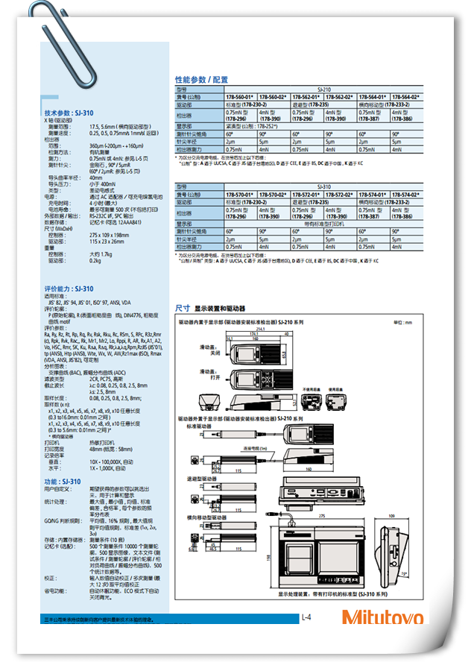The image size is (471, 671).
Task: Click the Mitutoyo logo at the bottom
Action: [x=382, y=618]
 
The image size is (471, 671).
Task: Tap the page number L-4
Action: [x=306, y=617]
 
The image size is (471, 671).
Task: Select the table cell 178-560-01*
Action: [x=241, y=97]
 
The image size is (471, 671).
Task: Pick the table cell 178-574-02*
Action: [x=407, y=194]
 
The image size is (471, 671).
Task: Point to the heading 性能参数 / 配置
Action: [x=201, y=79]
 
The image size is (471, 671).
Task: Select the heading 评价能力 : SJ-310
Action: [x=69, y=289]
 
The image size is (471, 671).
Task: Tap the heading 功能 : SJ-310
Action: [x=63, y=482]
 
